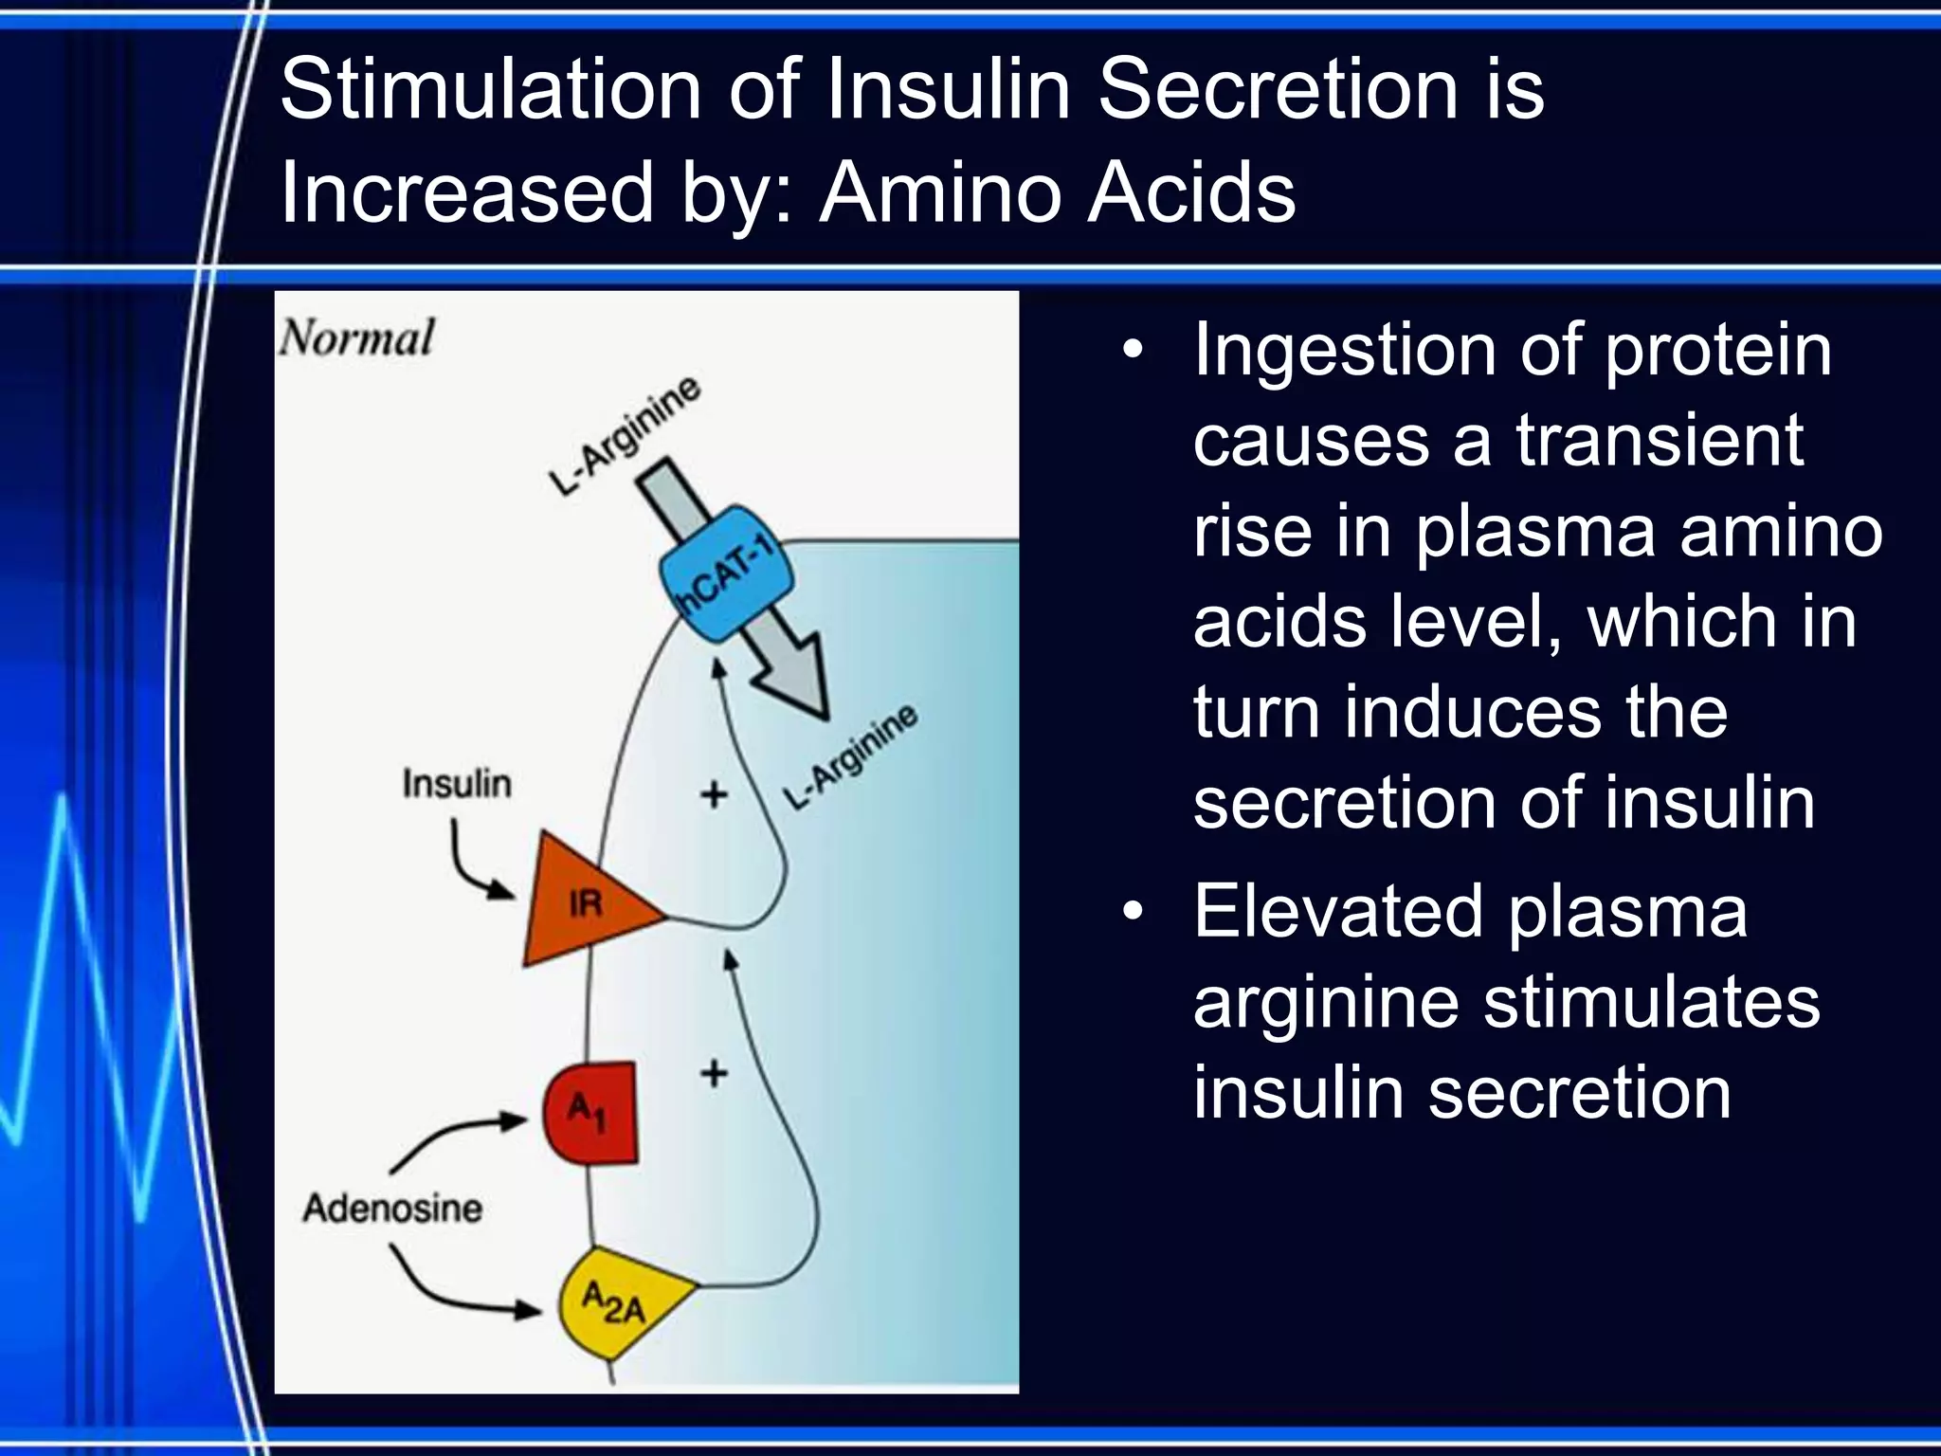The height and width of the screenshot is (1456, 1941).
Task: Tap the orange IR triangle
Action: [x=581, y=901]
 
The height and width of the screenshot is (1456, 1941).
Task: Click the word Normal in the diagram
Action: [x=357, y=338]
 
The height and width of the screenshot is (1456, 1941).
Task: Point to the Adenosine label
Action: [x=392, y=1209]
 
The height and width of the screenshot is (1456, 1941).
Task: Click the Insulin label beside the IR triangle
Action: [x=456, y=784]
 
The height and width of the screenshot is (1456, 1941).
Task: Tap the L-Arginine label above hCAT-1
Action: [x=625, y=435]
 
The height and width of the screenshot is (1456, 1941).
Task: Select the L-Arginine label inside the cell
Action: [x=851, y=757]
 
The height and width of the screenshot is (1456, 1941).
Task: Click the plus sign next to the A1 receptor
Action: [x=714, y=1074]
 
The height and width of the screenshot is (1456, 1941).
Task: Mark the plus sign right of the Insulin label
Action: [x=714, y=794]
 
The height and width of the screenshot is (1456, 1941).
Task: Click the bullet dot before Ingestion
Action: [x=1133, y=351]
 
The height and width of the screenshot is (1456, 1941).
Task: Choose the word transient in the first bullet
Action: [x=1659, y=441]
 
